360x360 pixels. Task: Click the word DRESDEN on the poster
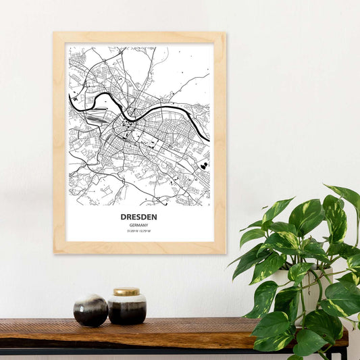[x=139, y=217]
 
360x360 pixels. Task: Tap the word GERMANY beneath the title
[x=139, y=226]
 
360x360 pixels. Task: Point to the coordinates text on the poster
[x=139, y=232]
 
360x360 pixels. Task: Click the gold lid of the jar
[x=126, y=292]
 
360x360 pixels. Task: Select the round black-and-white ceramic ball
[x=91, y=310]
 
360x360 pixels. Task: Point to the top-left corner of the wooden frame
[x=55, y=34]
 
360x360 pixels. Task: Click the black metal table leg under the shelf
[x=344, y=353]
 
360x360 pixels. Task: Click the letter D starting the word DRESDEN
[x=124, y=217]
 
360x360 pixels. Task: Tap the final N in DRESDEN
[x=155, y=217]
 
